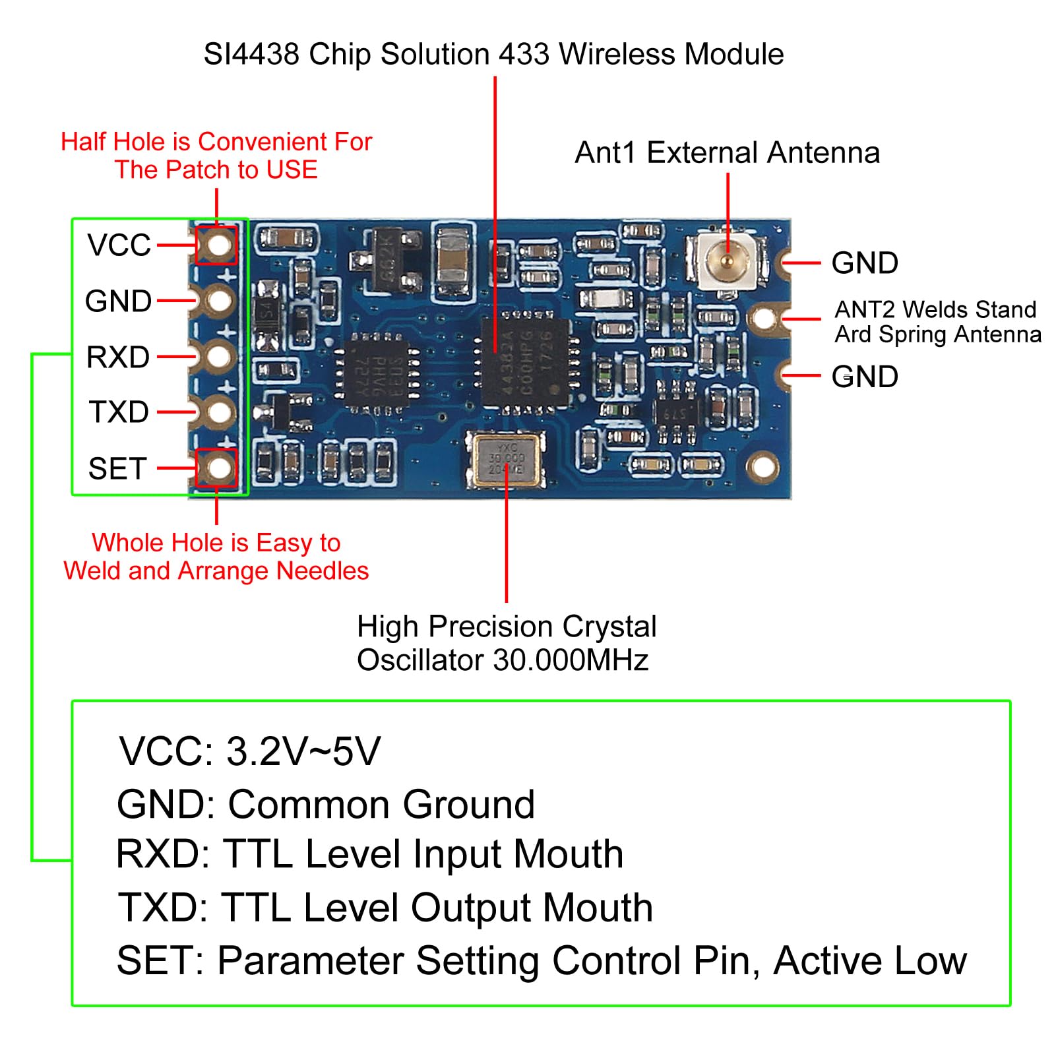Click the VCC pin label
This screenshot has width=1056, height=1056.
coord(119,245)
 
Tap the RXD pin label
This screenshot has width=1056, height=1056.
coord(118,357)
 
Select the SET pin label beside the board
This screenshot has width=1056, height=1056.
coord(117,468)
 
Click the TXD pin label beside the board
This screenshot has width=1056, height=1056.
coord(119,412)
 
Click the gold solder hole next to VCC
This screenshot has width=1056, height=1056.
coord(218,245)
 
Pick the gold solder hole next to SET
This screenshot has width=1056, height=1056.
coord(218,468)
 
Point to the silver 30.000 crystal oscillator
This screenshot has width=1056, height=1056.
coord(506,460)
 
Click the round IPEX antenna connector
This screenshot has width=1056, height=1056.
coord(727,261)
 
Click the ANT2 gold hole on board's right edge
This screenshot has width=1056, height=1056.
coord(764,319)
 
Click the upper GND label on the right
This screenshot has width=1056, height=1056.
coord(864,263)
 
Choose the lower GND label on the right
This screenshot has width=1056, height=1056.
coord(864,377)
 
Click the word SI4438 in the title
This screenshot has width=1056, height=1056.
coord(251,54)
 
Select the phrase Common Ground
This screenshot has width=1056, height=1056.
coord(381,804)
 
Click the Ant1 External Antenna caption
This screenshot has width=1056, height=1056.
coord(727,152)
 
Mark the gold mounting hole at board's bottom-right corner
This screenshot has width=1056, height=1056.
coord(762,467)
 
